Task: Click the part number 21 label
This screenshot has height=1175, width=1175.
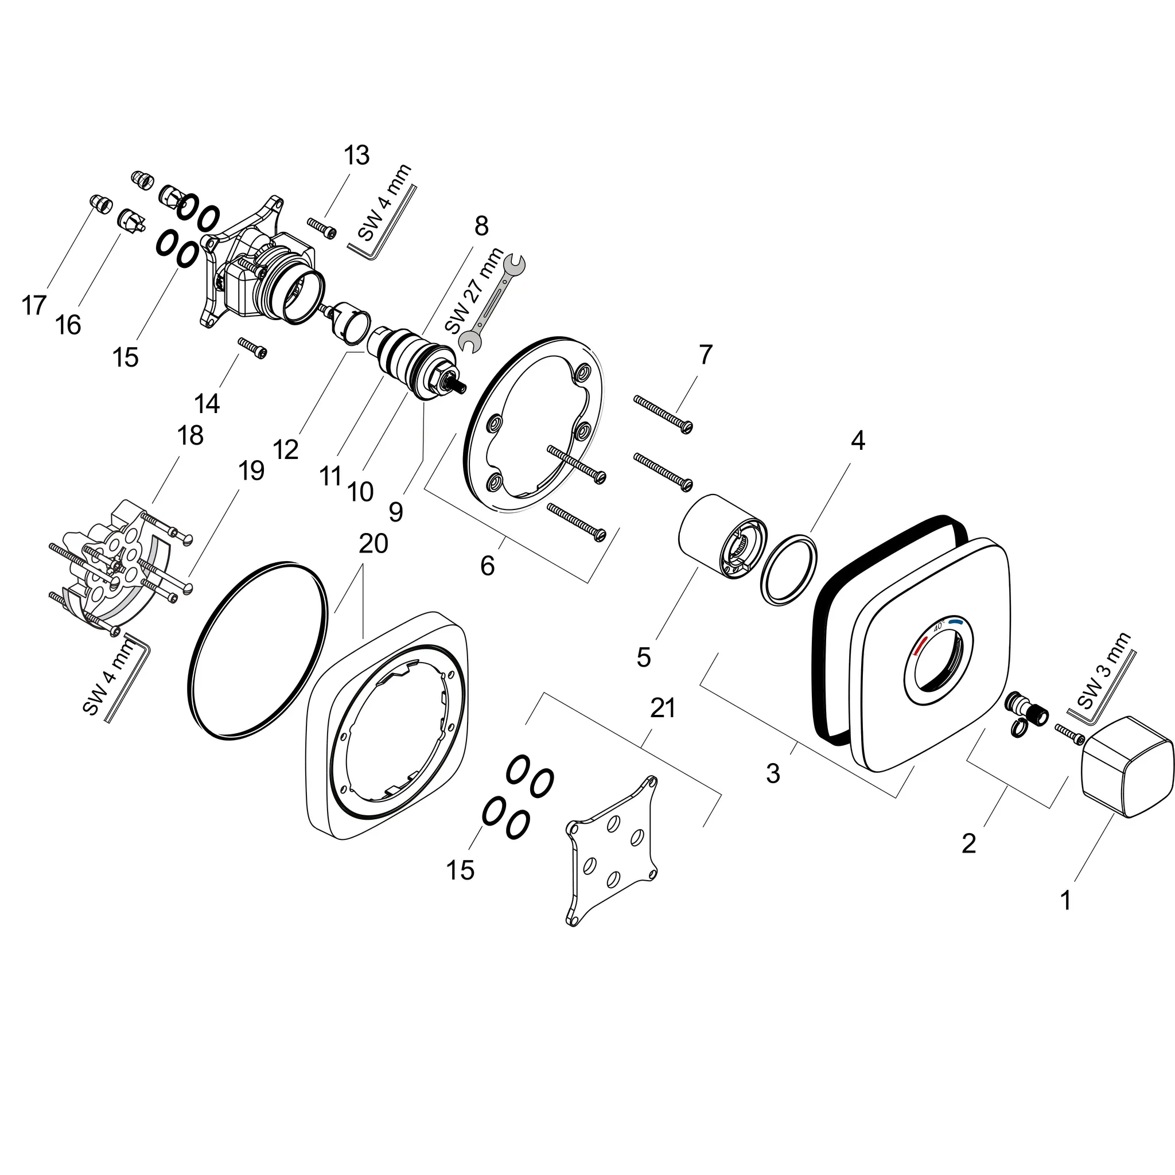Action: coord(662,708)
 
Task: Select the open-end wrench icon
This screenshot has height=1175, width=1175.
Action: coord(493,304)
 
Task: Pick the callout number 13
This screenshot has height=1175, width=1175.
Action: coord(356,155)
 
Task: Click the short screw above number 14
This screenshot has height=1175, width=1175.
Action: coord(252,348)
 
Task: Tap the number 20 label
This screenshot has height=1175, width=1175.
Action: coord(373,543)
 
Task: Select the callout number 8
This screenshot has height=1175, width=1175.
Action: coord(480,226)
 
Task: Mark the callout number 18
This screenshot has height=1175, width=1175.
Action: coord(190,435)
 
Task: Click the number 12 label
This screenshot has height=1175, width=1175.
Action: coord(286,450)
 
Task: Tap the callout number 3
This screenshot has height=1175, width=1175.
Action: coord(772,773)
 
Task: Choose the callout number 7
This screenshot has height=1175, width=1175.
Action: coord(705,355)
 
